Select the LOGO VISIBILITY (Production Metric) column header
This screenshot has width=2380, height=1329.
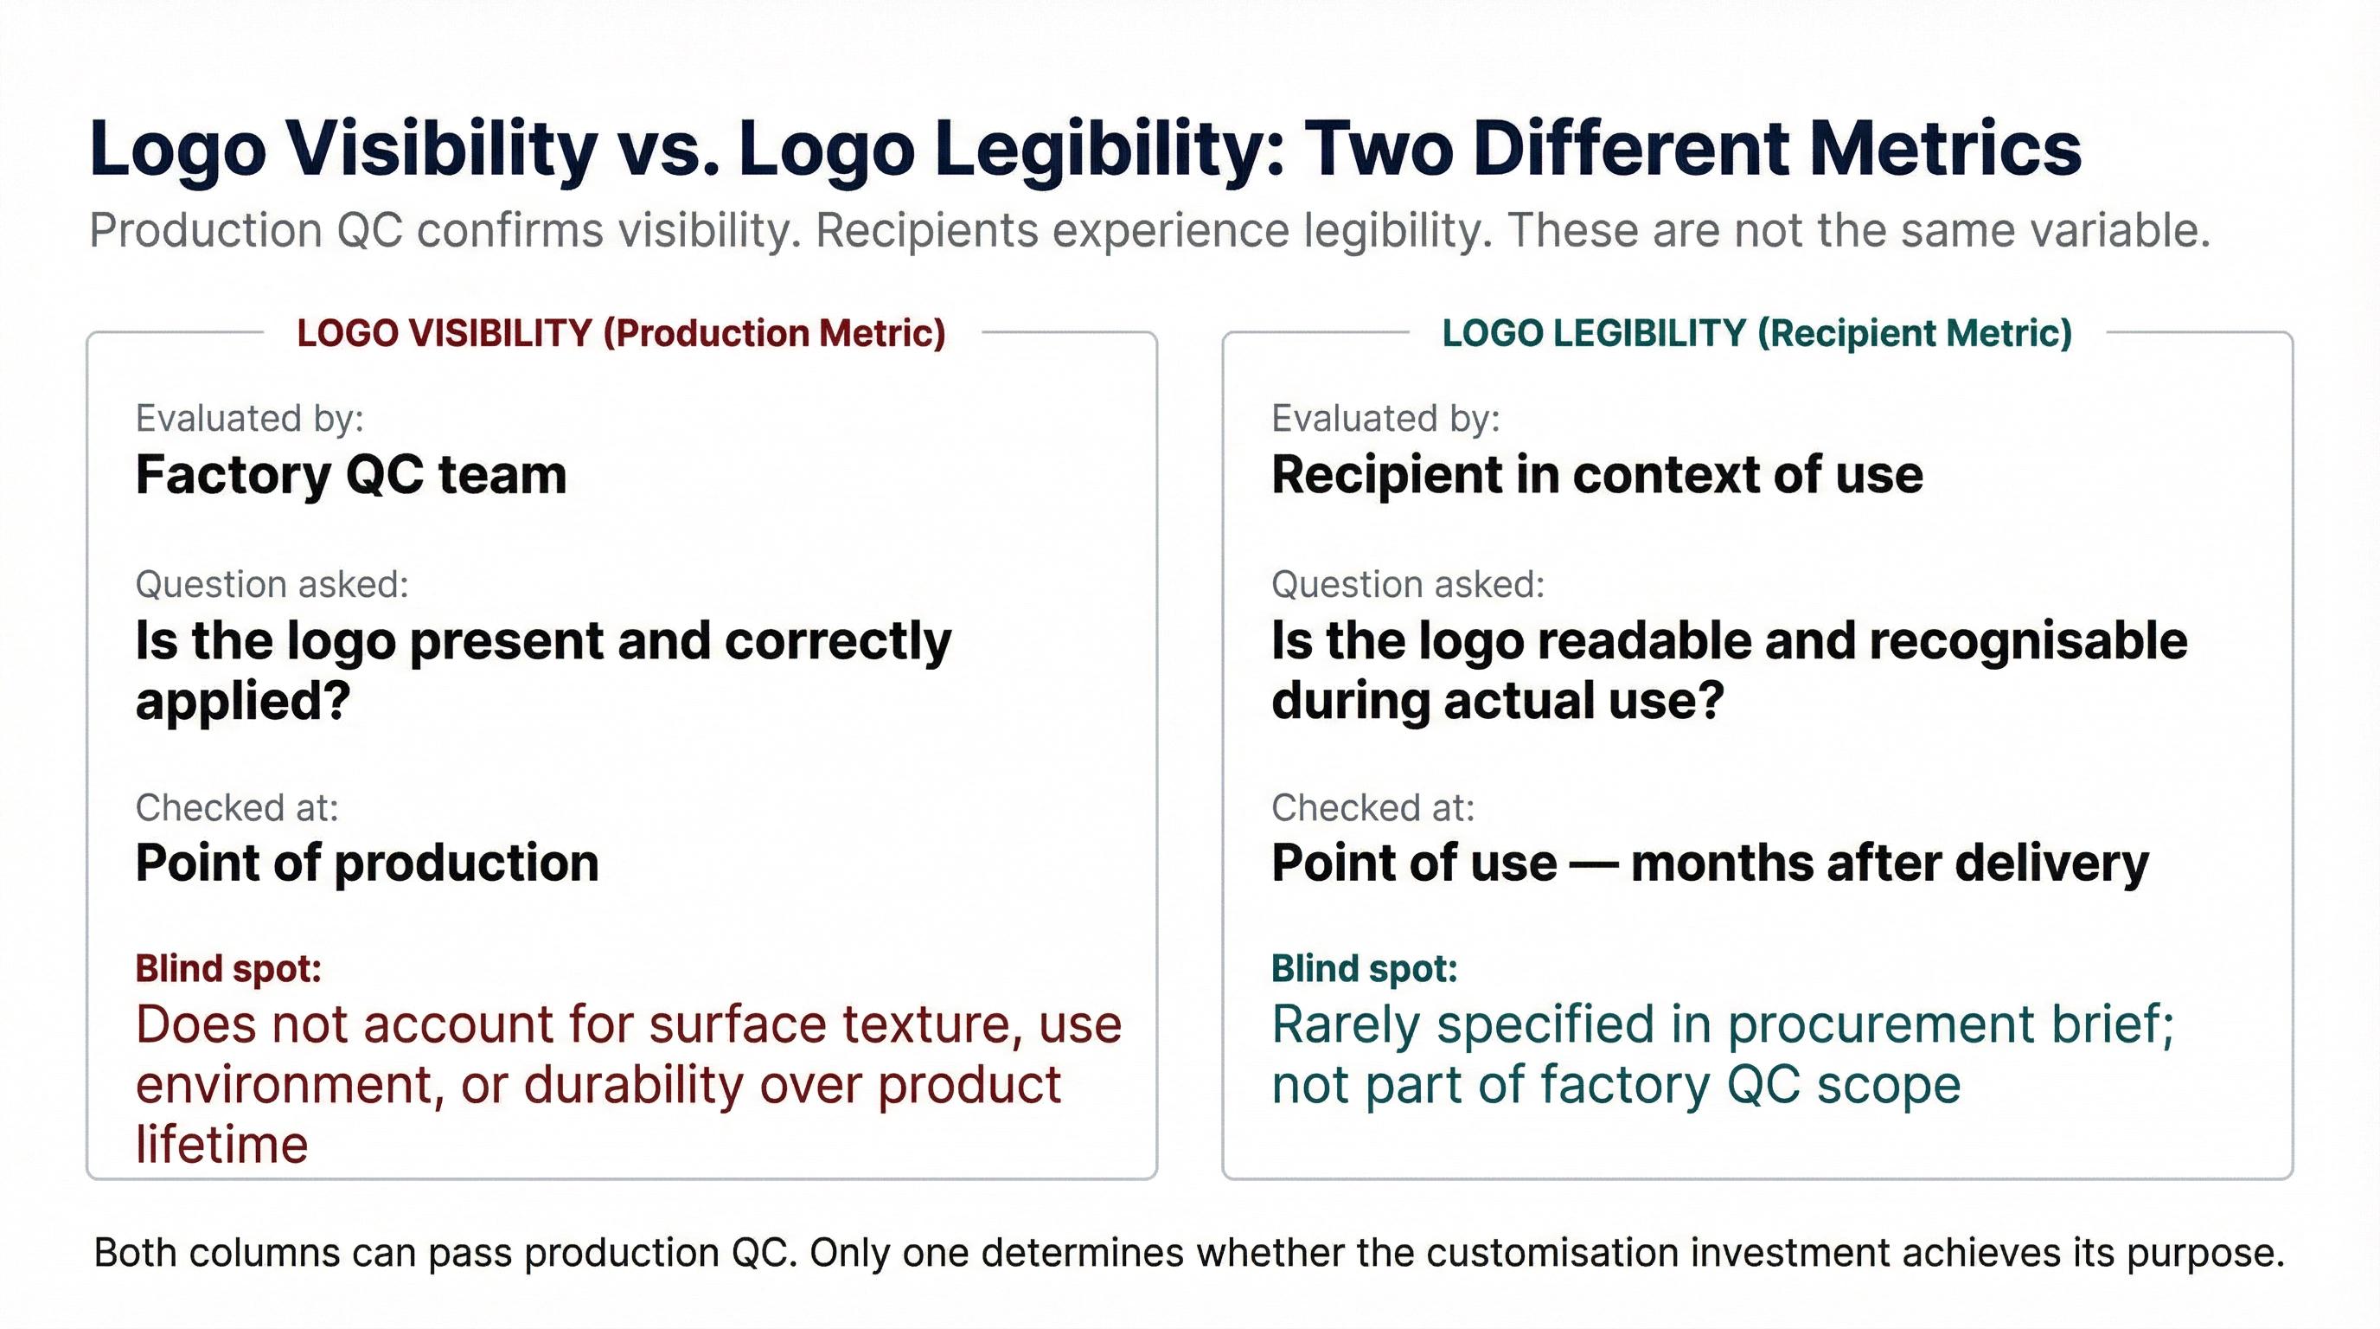[x=622, y=334]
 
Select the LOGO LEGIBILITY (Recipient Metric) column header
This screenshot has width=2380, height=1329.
[x=1757, y=334]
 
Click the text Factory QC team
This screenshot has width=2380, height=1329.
[x=351, y=475]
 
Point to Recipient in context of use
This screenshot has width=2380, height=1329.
[x=1597, y=475]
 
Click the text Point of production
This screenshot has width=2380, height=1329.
[x=368, y=864]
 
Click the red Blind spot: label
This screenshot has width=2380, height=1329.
[x=228, y=968]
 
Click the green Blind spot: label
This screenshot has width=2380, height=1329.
[x=1365, y=968]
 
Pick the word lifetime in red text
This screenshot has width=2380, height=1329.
[x=221, y=1144]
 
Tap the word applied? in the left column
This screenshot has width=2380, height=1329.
[x=243, y=702]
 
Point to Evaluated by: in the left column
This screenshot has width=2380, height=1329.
[x=249, y=420]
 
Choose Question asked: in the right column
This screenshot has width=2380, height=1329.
[x=1408, y=584]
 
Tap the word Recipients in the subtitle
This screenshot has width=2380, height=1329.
[x=927, y=231]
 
